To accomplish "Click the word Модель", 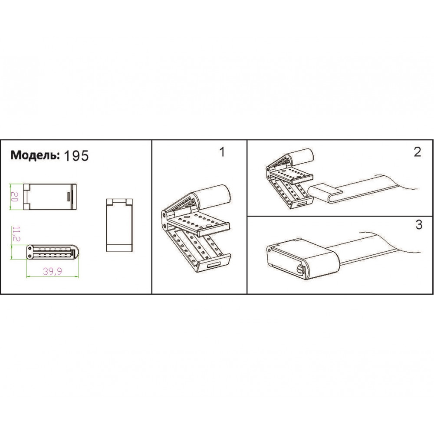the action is tap(35, 155).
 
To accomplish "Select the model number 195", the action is tap(76, 156).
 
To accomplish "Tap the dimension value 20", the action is tap(14, 197).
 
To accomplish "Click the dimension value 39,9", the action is tap(53, 272).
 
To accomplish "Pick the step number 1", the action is tap(222, 152).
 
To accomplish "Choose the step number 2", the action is tap(418, 152).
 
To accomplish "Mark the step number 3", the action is tap(419, 224).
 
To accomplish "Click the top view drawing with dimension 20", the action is tap(50, 197).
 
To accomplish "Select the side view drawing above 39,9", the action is tap(53, 252).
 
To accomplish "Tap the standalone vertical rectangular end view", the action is tap(120, 225).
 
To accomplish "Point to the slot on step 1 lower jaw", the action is tap(214, 265).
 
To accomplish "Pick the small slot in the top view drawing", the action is tap(69, 197).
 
